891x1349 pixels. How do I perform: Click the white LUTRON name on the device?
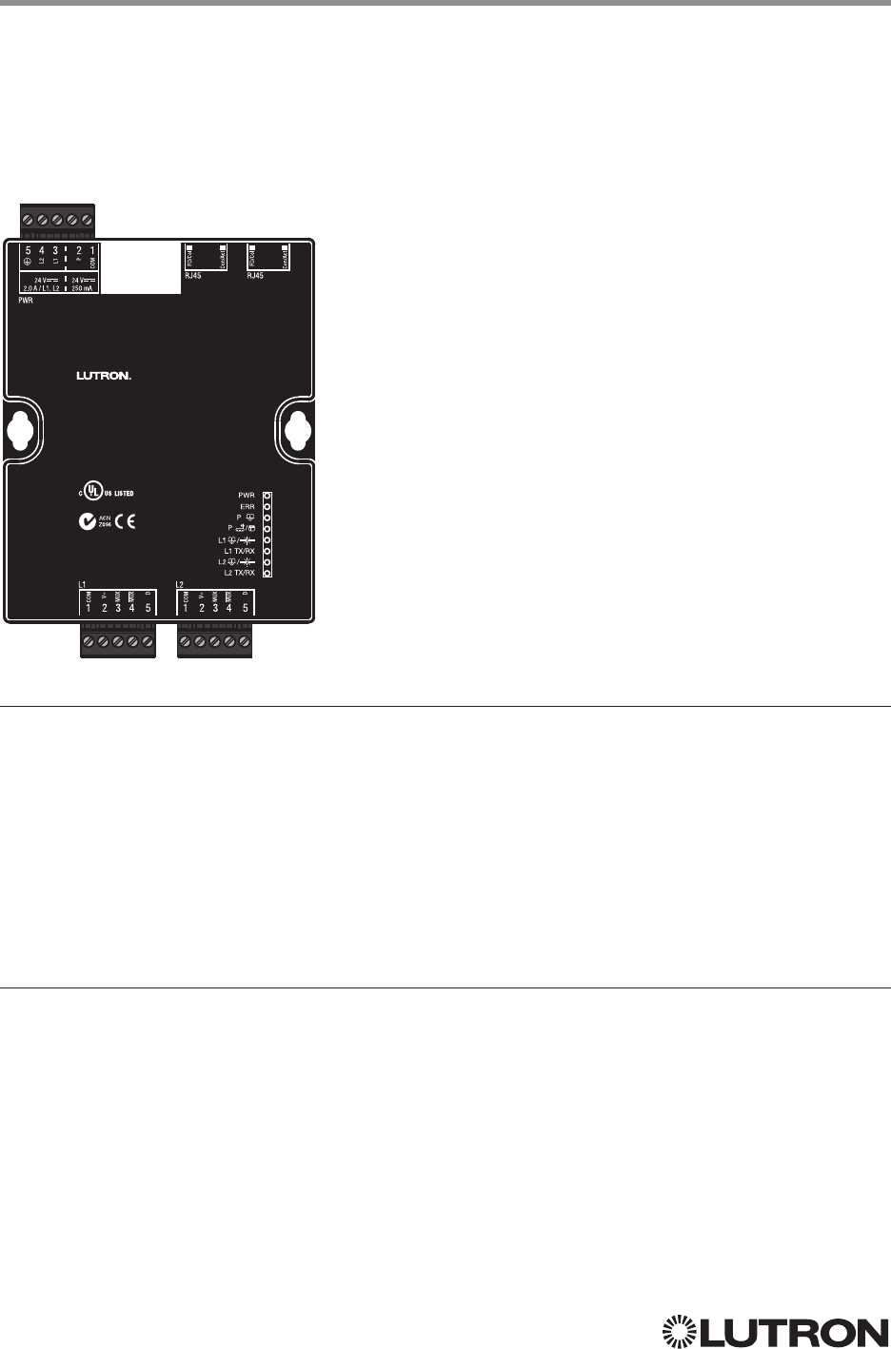[x=103, y=375]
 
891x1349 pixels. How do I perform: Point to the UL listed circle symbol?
[x=91, y=493]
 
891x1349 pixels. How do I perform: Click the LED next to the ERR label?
[x=267, y=507]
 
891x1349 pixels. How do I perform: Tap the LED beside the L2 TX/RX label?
[x=267, y=573]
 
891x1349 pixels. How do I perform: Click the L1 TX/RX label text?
[x=239, y=551]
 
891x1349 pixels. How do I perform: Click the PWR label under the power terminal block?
[x=26, y=299]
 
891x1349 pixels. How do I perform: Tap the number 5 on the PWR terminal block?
[x=29, y=251]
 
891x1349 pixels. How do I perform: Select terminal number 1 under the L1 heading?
[x=89, y=608]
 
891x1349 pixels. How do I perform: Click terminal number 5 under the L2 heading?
[x=246, y=608]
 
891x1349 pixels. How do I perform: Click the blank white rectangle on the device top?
[x=140, y=267]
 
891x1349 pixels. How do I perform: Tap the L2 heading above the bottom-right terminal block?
[x=180, y=581]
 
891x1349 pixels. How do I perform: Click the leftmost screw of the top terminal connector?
[x=28, y=221]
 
